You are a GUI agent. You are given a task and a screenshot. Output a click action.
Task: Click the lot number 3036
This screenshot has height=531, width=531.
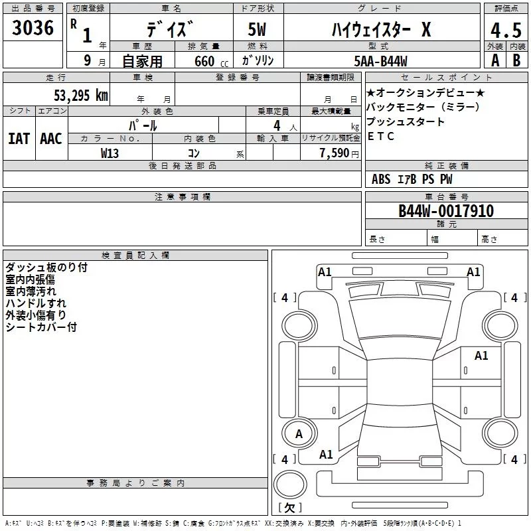33,28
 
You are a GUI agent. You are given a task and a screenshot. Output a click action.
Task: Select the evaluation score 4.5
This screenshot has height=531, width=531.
506,31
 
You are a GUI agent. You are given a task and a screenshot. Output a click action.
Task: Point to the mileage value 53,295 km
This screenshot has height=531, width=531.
80,95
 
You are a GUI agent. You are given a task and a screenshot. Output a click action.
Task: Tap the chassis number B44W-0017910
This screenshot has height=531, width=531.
446,211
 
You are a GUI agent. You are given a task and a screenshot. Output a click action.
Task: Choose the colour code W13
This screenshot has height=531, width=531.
110,153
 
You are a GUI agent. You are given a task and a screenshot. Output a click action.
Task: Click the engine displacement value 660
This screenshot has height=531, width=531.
203,61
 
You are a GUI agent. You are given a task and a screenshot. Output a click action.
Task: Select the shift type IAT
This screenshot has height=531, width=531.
19,138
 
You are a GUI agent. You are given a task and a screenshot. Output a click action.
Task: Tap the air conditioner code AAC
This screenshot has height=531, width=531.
51,138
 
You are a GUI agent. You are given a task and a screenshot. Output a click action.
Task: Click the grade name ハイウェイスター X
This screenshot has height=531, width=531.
381,29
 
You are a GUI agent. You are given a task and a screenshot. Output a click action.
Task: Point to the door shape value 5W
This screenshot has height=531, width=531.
257,29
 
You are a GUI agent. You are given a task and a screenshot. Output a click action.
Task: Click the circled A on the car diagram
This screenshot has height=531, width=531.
298,434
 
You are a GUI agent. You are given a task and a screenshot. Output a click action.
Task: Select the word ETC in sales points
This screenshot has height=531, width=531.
381,137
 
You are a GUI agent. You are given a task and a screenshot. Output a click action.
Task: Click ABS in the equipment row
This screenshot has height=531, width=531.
381,179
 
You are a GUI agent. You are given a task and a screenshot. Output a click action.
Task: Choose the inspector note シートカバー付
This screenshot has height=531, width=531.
41,327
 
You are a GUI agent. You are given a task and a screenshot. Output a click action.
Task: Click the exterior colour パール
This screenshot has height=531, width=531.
143,125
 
